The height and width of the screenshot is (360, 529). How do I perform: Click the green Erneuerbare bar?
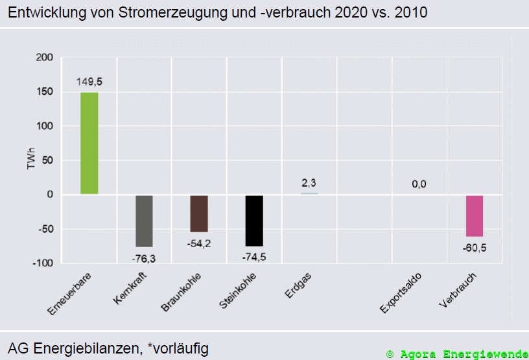click(x=89, y=143)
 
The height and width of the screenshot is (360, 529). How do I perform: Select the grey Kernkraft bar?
click(x=144, y=221)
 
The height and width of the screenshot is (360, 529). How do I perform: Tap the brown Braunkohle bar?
click(x=199, y=213)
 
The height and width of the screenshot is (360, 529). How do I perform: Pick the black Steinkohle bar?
click(x=254, y=221)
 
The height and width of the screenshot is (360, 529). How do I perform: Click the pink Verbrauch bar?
click(x=475, y=215)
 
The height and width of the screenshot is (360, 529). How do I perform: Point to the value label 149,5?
click(x=89, y=82)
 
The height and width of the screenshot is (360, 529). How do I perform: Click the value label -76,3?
click(x=145, y=258)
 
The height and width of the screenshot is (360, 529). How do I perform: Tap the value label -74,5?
click(x=254, y=257)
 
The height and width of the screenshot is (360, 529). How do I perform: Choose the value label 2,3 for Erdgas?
click(x=309, y=184)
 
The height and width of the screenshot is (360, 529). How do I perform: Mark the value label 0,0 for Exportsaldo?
click(x=419, y=185)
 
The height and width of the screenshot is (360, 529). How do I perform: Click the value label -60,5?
click(x=475, y=247)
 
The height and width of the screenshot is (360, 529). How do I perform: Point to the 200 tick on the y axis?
click(x=45, y=58)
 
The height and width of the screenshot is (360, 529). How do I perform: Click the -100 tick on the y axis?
click(x=41, y=263)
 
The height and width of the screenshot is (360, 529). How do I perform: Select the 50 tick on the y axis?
click(x=47, y=160)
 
